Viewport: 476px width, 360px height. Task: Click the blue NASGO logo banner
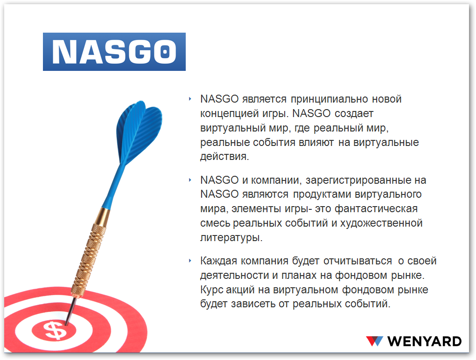[x=114, y=52]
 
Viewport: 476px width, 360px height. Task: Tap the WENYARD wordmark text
[x=424, y=341]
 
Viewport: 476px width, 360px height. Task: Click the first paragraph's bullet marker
[x=190, y=99]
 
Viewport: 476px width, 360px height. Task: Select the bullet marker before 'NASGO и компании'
[x=190, y=180]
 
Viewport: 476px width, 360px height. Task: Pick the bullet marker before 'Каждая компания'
[x=190, y=261]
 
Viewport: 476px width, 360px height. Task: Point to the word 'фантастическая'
[x=376, y=209]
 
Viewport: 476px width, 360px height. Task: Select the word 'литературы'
[x=231, y=238]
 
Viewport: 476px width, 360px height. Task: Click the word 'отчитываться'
[x=357, y=261]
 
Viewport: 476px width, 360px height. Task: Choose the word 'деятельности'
[x=234, y=276]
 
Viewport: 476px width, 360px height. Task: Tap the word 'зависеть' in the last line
[x=253, y=304]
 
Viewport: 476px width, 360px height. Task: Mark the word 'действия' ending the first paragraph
[x=224, y=157]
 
